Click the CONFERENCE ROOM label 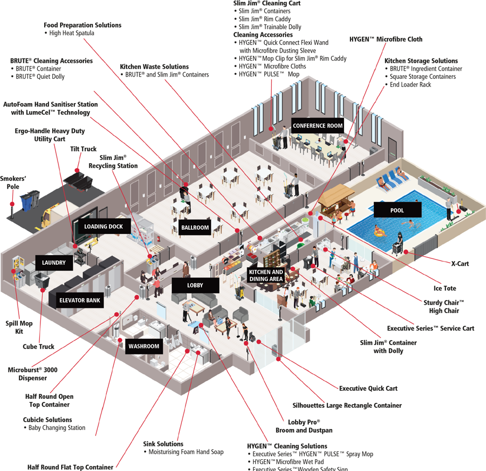[x=317, y=125]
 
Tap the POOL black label [x=397, y=210]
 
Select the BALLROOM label [x=195, y=228]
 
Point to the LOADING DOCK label [x=103, y=226]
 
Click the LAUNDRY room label [x=54, y=263]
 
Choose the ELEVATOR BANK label [x=80, y=300]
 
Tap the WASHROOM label [x=144, y=346]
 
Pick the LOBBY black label [x=195, y=285]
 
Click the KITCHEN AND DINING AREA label [x=266, y=275]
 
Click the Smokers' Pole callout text [x=13, y=182]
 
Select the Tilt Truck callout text [x=83, y=149]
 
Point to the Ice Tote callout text [x=445, y=289]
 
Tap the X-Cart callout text [x=460, y=264]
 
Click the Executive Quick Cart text [x=368, y=389]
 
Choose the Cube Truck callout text [x=38, y=347]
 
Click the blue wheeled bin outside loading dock [x=27, y=202]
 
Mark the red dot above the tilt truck [x=77, y=170]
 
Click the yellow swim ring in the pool [x=379, y=232]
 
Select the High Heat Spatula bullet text [x=71, y=33]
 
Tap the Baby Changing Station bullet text [x=56, y=428]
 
